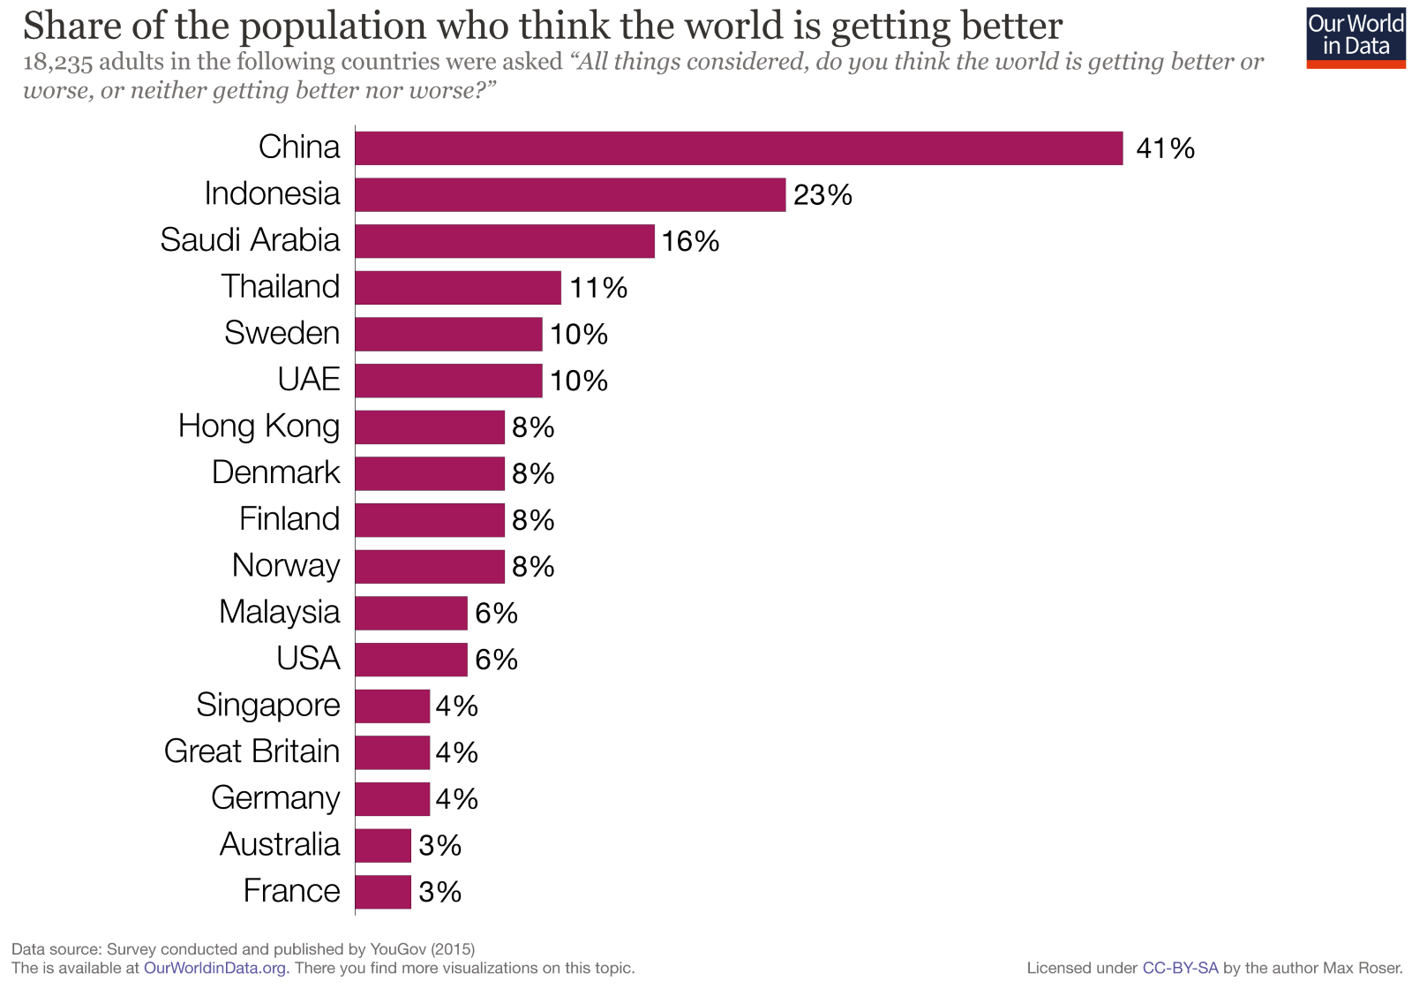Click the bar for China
pos(739,148)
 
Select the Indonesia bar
pos(570,194)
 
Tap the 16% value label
pos(690,241)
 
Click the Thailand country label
pos(280,287)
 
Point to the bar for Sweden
pos(448,334)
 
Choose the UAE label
pos(308,380)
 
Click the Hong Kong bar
pos(430,427)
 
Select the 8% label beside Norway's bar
pos(533,566)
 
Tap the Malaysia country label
pos(279,612)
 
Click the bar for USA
pos(411,660)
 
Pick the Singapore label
pos(267,706)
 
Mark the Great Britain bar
pos(392,752)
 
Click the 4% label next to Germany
pos(456,799)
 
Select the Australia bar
pos(383,846)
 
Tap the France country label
pos(291,891)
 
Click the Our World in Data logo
pos(1356,38)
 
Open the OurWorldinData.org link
pos(216,968)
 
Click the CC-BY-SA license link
pos(1180,968)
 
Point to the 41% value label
pos(1165,148)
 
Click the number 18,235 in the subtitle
pos(57,63)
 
